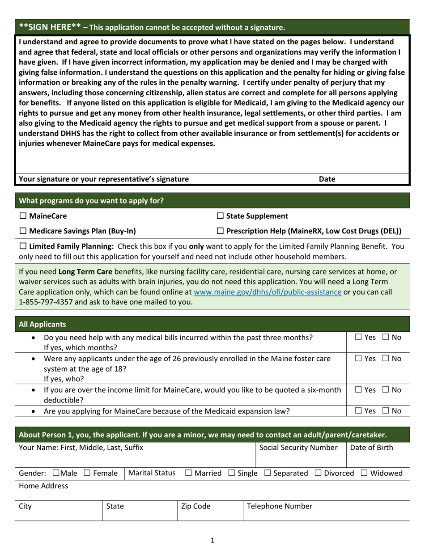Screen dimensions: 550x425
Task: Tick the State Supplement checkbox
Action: (x=220, y=216)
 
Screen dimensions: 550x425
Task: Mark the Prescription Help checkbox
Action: (x=220, y=231)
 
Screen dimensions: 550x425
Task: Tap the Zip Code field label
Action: (x=195, y=507)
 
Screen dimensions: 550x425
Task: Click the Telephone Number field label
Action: (x=280, y=507)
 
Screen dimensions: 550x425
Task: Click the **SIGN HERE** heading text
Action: (x=50, y=27)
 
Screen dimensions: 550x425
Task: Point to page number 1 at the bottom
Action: (x=212, y=540)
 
